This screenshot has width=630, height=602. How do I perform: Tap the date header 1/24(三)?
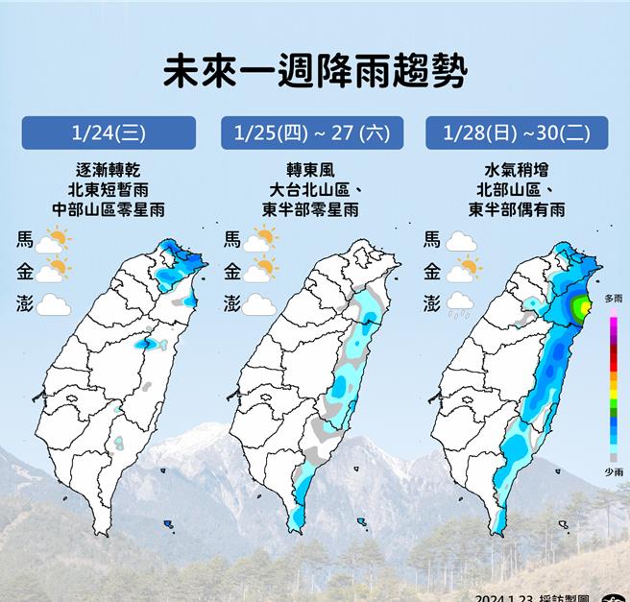108,132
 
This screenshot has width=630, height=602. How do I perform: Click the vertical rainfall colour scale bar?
613,388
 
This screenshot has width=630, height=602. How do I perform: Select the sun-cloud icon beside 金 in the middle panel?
259,272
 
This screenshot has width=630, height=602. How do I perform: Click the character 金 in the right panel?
431,272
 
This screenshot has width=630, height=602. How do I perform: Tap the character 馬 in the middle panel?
232,239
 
